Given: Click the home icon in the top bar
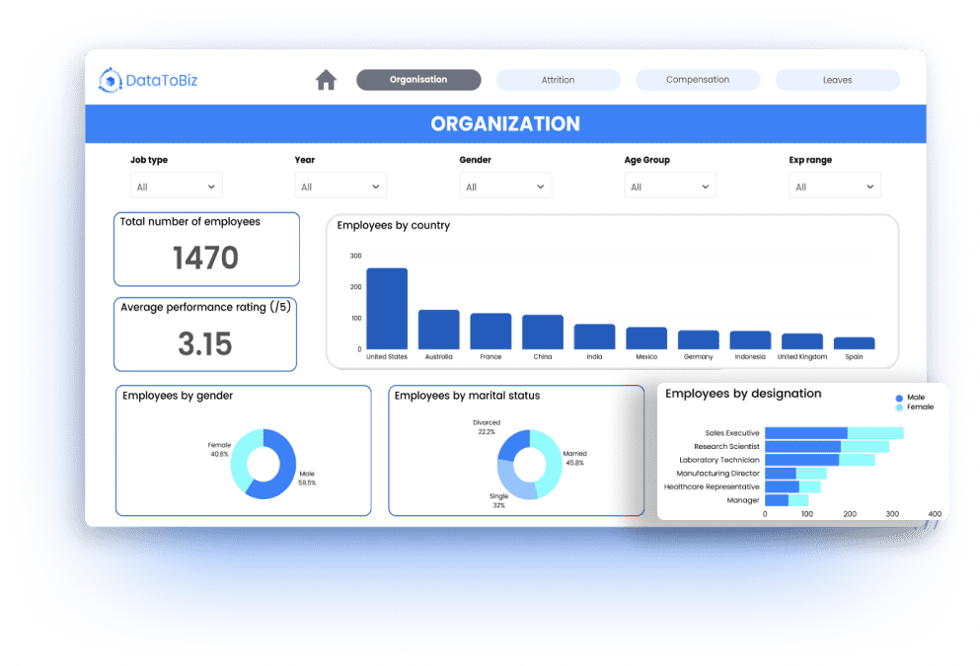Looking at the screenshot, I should click(326, 80).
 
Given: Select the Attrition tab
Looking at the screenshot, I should click(558, 80).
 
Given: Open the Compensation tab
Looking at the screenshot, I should click(698, 80).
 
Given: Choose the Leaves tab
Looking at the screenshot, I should click(837, 80).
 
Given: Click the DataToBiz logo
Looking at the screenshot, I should click(149, 81).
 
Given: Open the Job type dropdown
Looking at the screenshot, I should click(177, 186).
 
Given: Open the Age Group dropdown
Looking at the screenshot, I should click(670, 186).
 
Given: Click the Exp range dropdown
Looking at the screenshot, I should click(835, 186).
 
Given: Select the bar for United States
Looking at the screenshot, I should click(386, 308).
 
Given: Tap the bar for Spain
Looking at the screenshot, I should click(854, 343).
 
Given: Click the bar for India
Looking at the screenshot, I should click(594, 336).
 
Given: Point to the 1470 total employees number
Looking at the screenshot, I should click(205, 259).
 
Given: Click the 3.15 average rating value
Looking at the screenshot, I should click(205, 343).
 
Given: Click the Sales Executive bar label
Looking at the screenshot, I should click(731, 433).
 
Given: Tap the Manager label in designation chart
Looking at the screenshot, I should click(742, 500).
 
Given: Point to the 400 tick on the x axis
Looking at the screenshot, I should click(935, 514).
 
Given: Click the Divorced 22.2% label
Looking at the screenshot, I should click(486, 427).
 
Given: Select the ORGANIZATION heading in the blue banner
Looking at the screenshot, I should click(505, 124).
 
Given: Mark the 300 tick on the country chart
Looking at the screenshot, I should click(355, 256).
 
